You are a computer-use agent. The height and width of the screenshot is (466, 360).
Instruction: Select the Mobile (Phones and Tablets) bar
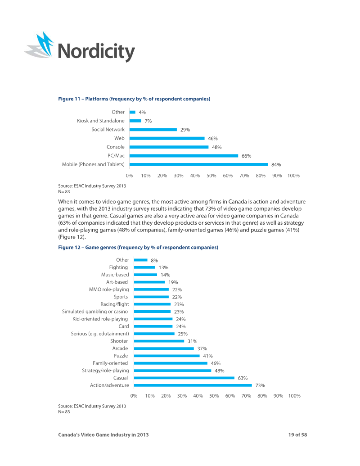[x=198, y=164]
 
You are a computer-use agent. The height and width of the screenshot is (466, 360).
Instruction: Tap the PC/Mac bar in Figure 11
[x=184, y=156]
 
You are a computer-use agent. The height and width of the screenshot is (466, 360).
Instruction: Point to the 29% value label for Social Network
[x=185, y=130]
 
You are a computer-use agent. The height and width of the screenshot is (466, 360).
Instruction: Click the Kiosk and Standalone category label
[x=101, y=121]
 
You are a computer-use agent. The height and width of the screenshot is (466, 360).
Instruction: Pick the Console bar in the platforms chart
[x=169, y=147]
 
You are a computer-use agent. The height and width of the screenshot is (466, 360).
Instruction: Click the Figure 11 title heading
[x=134, y=99]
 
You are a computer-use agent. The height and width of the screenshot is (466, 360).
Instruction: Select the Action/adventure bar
[x=193, y=385]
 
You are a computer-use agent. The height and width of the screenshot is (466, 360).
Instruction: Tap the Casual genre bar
[x=184, y=378]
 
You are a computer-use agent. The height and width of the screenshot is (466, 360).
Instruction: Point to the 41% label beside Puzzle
[x=208, y=356]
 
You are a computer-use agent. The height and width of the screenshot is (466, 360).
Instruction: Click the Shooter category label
[x=119, y=341]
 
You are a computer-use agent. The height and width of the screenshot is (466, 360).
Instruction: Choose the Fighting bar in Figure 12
[x=144, y=267]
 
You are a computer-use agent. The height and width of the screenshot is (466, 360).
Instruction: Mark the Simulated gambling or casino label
[x=95, y=312]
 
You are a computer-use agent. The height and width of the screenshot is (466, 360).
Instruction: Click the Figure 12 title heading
[x=138, y=248]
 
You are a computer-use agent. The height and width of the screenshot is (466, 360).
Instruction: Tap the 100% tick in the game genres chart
[x=294, y=396]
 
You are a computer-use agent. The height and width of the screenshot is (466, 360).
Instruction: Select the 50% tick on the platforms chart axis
[x=211, y=176]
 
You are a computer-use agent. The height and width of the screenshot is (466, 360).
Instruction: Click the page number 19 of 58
[x=297, y=435]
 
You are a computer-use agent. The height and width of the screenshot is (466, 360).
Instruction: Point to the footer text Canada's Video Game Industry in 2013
[x=103, y=435]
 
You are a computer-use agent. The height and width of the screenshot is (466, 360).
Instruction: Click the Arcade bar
[x=164, y=348]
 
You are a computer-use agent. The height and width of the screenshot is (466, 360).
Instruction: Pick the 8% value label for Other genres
[x=154, y=261]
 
